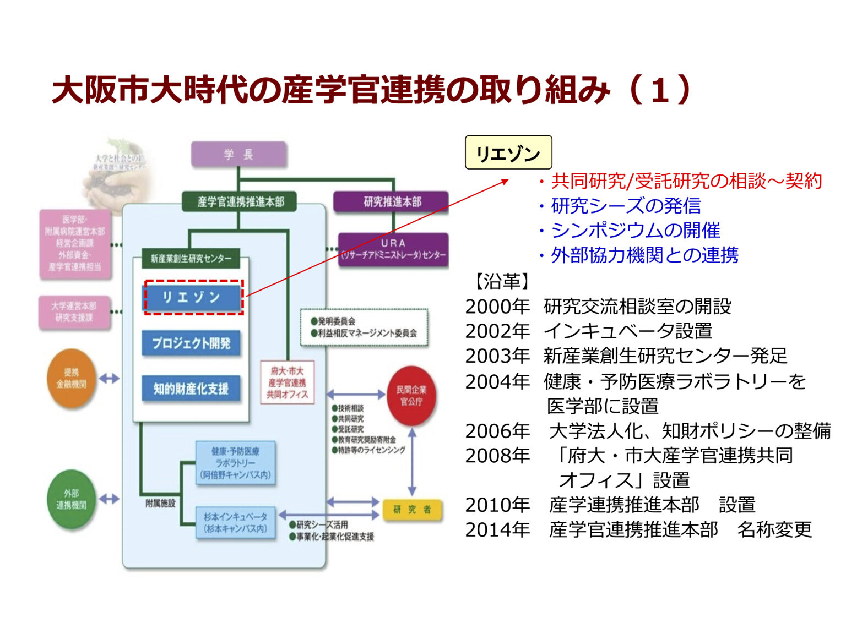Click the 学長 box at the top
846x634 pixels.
point(238,155)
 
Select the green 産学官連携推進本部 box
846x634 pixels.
point(240,202)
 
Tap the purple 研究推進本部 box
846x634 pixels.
point(392,202)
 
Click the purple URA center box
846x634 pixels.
point(393,249)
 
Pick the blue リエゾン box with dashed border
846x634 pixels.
point(193,297)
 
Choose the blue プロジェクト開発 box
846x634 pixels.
point(191,343)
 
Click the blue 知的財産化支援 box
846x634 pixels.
point(191,389)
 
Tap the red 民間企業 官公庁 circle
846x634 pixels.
point(411,396)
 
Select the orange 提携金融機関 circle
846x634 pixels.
point(72,378)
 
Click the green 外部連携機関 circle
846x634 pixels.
point(72,499)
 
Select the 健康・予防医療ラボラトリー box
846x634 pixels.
point(235,463)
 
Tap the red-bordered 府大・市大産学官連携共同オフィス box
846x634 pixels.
point(287,382)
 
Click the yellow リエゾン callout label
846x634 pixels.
point(508,152)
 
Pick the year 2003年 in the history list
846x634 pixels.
point(497,356)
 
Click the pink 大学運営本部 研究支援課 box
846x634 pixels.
point(74,312)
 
